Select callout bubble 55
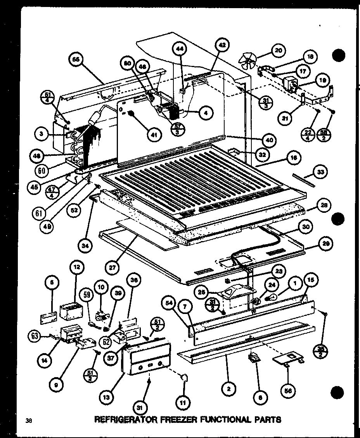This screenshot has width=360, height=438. [x=76, y=60]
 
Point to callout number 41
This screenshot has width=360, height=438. [x=154, y=135]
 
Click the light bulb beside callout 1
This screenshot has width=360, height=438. [x=273, y=298]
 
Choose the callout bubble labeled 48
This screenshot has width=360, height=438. [x=36, y=156]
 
